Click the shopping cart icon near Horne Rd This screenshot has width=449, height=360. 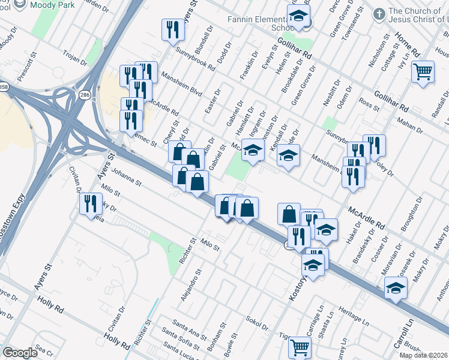[423, 72]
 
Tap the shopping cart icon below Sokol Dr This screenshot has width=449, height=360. [299, 347]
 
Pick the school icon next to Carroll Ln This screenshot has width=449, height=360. [395, 289]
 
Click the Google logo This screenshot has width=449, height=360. [20, 353]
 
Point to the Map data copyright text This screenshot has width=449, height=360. [423, 355]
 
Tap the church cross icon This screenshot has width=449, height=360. [378, 13]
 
